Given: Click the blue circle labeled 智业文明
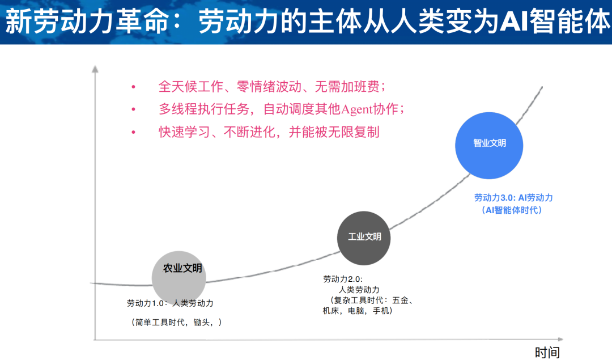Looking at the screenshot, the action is tap(489, 144).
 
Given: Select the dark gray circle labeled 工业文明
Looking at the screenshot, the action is tap(364, 238).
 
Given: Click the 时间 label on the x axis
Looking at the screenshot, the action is tap(547, 352).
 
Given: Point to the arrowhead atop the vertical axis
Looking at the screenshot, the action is tap(95, 69).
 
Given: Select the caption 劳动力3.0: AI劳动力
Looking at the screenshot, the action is tap(513, 198).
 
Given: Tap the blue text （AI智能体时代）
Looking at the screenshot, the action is tap(512, 210).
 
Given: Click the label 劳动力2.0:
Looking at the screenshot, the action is tap(342, 279).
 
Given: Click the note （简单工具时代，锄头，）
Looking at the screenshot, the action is tap(176, 322).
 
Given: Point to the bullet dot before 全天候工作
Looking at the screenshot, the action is tap(134, 87).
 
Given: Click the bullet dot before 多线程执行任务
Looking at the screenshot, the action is tap(134, 109).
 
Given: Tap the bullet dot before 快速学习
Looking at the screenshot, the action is tap(134, 132).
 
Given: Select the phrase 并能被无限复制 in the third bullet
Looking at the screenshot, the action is tap(342, 132).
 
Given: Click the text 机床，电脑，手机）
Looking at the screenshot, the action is tap(358, 311).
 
